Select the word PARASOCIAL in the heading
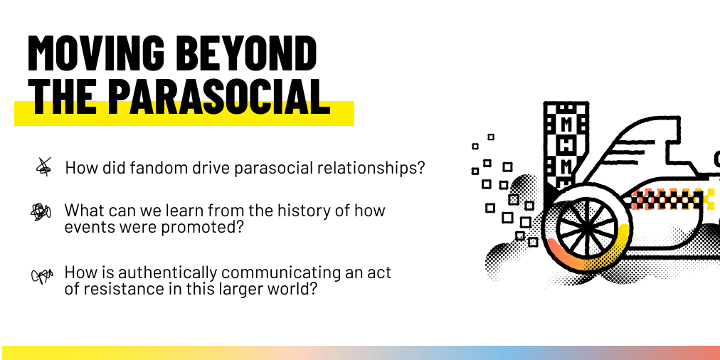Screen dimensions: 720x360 pyautogui.click(x=219, y=97)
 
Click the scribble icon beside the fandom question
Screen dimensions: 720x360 pyautogui.click(x=43, y=166)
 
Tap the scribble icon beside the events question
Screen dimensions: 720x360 pyautogui.click(x=41, y=212)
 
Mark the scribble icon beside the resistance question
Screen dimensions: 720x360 pyautogui.click(x=41, y=275)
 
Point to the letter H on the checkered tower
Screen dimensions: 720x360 pyautogui.click(x=566, y=145)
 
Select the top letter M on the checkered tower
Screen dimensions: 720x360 pyautogui.click(x=566, y=124)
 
